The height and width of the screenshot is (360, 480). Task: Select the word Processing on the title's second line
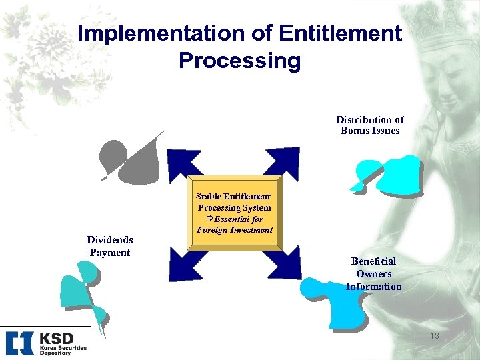click(x=240, y=61)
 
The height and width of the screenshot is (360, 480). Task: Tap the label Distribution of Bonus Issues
click(x=370, y=125)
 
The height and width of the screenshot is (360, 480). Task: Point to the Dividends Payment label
click(x=110, y=246)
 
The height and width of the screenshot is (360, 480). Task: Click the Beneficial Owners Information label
click(x=373, y=274)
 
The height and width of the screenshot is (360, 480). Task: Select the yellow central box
click(x=235, y=213)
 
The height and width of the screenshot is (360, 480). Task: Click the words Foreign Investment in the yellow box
click(x=235, y=230)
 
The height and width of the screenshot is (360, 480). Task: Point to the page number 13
click(x=434, y=336)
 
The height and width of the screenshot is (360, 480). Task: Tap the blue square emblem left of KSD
click(x=19, y=342)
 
